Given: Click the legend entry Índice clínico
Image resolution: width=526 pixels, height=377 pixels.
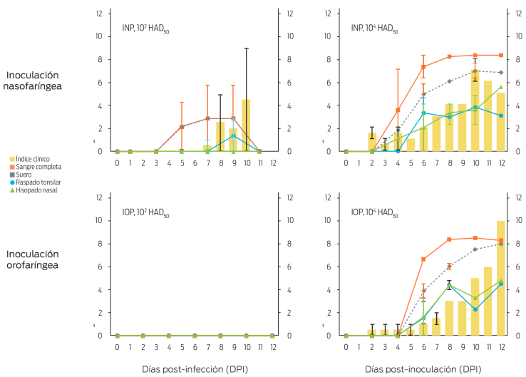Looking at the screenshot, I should tap(36, 158).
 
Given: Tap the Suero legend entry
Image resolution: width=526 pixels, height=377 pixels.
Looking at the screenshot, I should tap(26, 175).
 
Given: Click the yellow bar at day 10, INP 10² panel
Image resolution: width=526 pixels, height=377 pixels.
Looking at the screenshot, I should tap(246, 125).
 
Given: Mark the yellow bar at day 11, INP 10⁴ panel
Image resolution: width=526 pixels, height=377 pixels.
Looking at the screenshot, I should tap(488, 116).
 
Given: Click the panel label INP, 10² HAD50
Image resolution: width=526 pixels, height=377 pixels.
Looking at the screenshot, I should tap(145, 29).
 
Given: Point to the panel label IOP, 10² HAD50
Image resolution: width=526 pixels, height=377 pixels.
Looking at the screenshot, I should tap(145, 212).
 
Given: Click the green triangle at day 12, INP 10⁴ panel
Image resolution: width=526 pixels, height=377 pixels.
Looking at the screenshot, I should tap(501, 87).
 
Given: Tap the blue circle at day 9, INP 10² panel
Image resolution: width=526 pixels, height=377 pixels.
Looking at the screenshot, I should tap(233, 135).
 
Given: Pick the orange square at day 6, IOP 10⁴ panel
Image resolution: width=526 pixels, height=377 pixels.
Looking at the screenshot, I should tap(423, 259).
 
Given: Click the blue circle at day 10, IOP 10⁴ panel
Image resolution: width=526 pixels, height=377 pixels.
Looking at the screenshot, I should tap(475, 309).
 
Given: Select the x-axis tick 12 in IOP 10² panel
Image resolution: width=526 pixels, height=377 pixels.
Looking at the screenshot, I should tap(272, 347).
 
